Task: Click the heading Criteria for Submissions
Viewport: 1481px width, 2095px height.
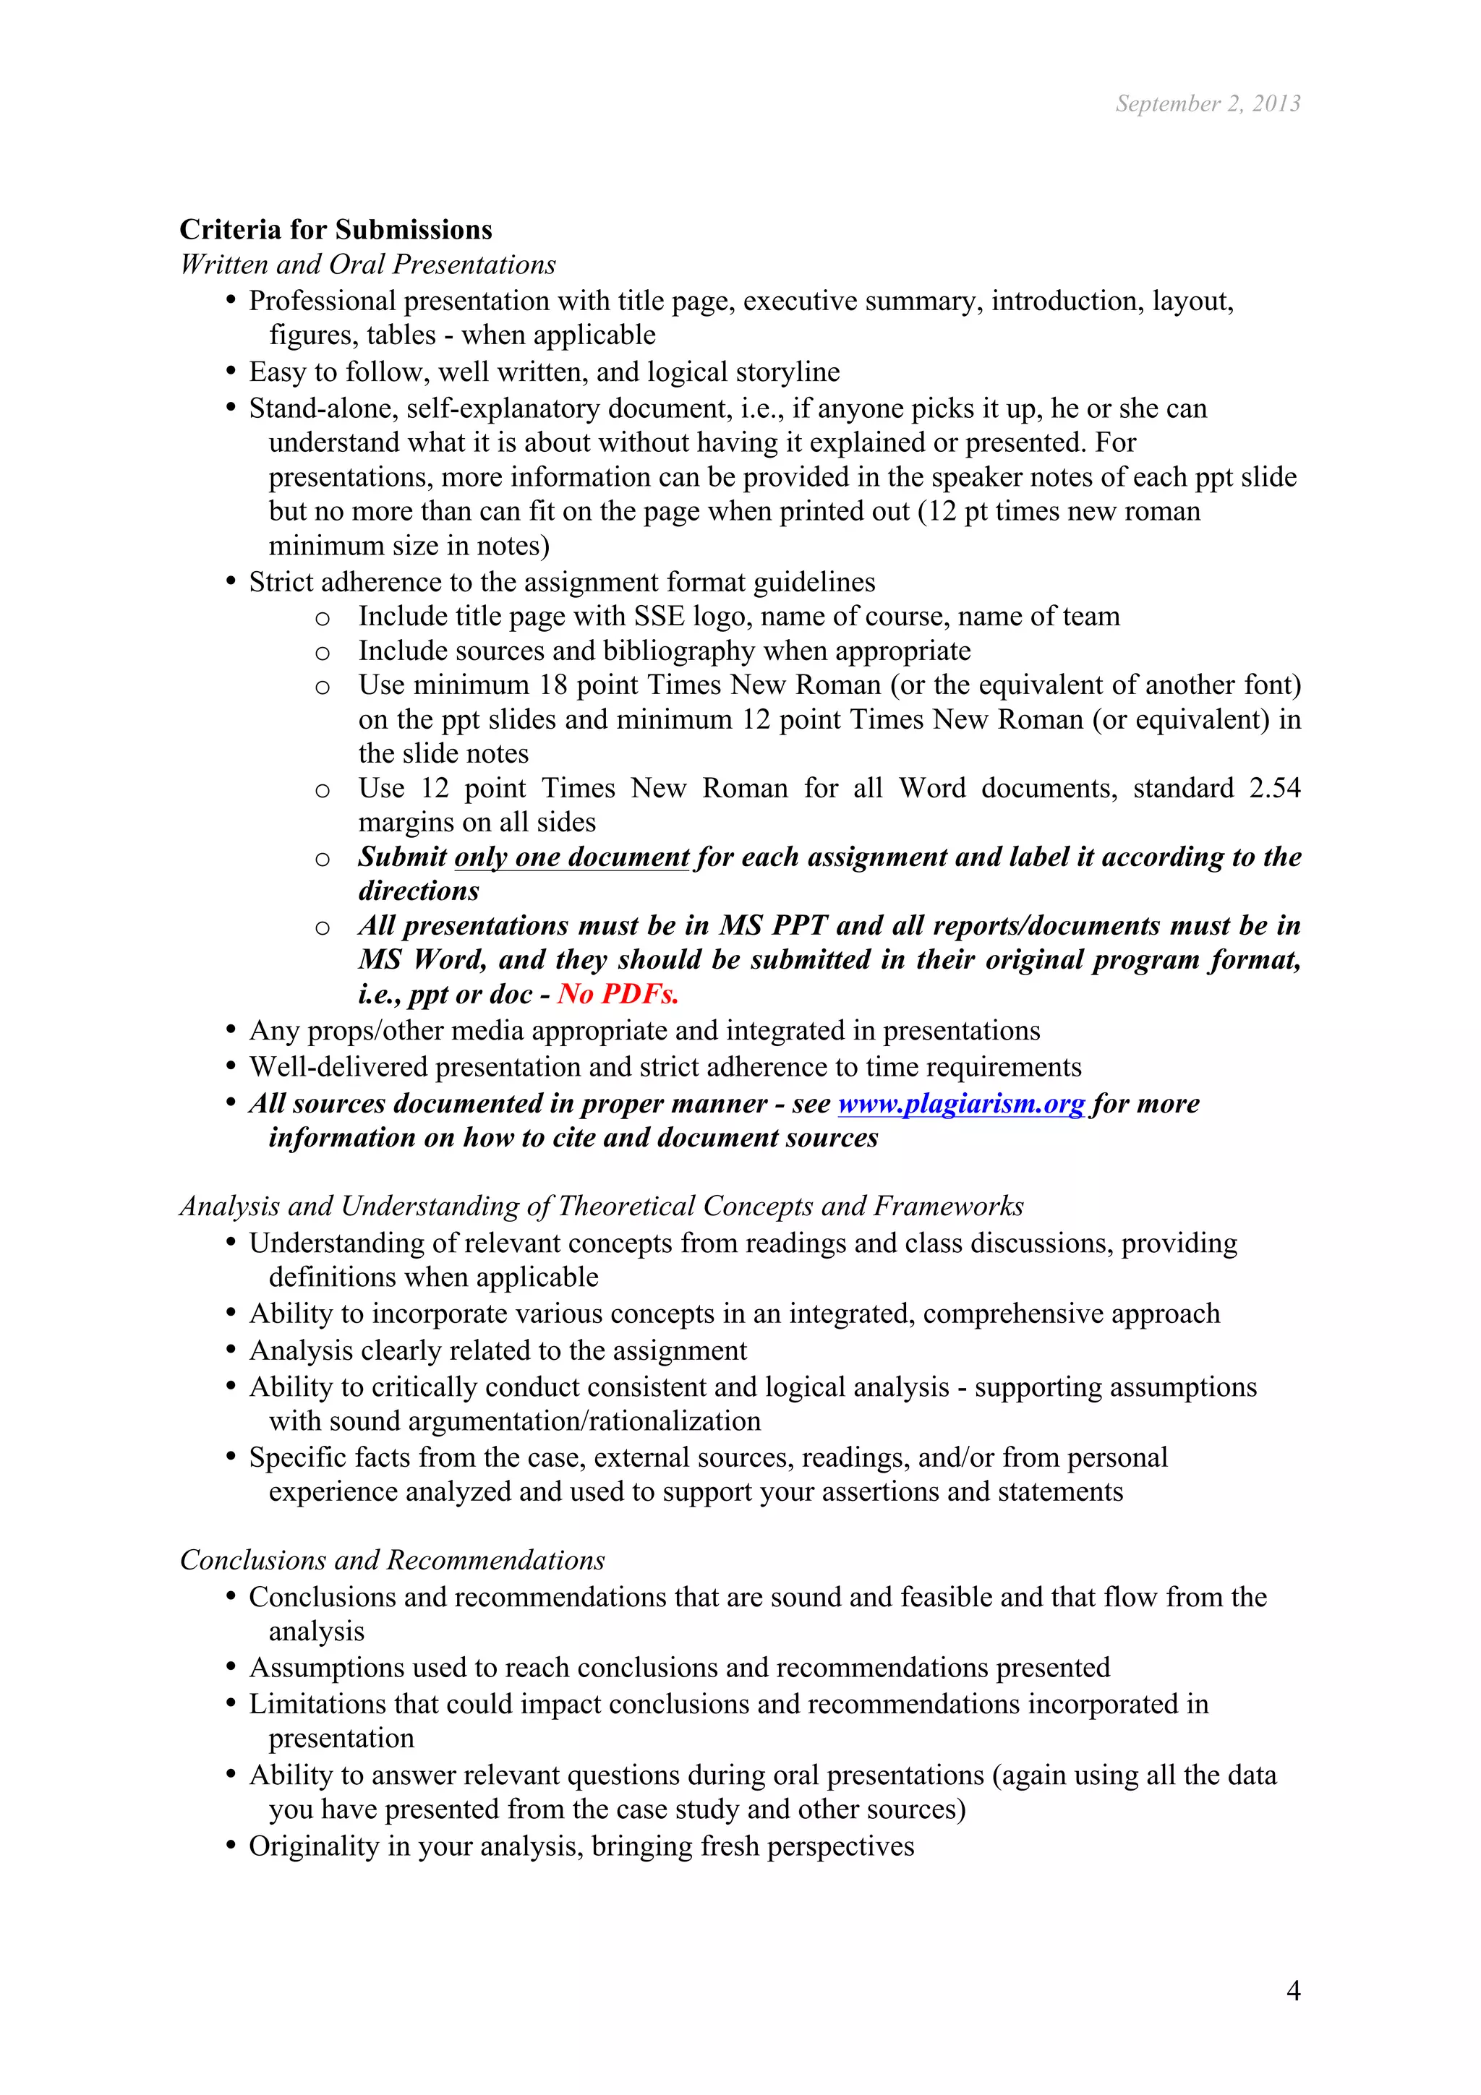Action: coord(335,229)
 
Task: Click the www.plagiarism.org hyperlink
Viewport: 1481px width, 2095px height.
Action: coord(961,1103)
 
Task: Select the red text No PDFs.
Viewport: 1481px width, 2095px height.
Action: coord(618,994)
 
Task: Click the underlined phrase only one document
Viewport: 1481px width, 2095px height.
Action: coord(571,857)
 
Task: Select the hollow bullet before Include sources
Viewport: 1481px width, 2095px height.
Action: coord(321,654)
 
